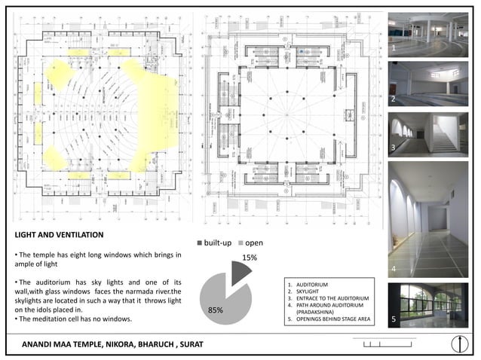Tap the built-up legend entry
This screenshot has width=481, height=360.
click(216, 243)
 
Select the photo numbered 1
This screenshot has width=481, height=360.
click(427, 32)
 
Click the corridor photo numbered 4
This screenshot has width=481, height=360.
click(427, 218)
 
